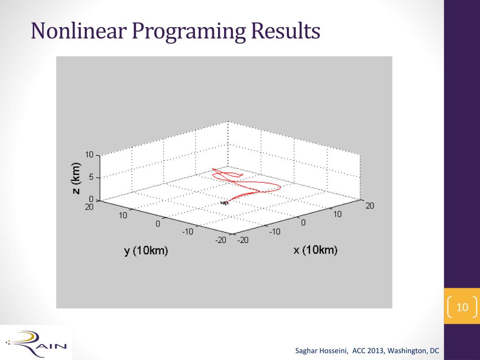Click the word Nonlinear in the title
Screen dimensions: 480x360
79,30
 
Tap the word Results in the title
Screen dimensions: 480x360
285,30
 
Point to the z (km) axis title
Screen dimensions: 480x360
76,178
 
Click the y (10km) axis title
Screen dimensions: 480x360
146,251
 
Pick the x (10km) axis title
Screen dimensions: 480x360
315,250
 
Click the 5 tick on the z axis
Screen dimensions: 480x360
91,177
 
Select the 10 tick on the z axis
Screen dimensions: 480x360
89,155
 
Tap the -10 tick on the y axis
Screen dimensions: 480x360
187,232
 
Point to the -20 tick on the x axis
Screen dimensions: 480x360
243,240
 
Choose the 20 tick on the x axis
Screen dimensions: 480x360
370,206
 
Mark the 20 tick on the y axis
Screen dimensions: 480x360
89,207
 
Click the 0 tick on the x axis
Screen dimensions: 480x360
303,223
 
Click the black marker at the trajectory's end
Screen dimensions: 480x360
225,202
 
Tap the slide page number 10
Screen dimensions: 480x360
462,307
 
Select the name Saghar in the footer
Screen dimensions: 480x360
306,351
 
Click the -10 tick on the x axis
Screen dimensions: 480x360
275,232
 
